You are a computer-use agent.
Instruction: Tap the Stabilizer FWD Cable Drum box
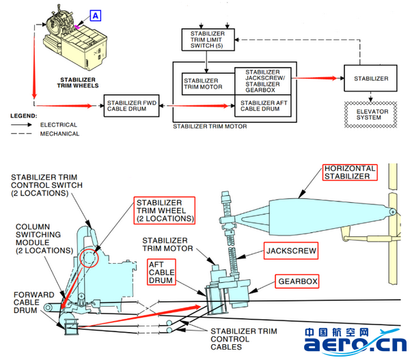tap(131, 106)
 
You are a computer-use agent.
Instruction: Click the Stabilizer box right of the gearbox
tap(370, 79)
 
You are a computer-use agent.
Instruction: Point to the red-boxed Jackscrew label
tap(290, 252)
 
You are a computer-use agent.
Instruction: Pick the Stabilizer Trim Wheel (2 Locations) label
tap(164, 210)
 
